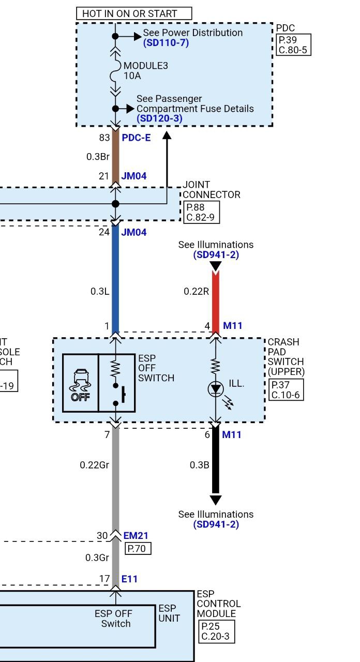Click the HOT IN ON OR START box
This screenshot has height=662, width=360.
(x=134, y=13)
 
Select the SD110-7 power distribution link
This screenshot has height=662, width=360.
(x=166, y=42)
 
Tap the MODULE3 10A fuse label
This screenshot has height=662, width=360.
(x=139, y=71)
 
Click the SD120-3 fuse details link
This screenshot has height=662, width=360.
(x=159, y=118)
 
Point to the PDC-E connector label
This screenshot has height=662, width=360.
(x=136, y=138)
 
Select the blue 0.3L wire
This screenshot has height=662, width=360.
(x=115, y=279)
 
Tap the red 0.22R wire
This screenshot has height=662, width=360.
(x=216, y=295)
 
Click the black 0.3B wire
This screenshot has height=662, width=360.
(x=216, y=465)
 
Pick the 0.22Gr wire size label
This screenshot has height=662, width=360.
(x=94, y=465)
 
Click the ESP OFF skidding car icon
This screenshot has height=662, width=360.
(x=81, y=383)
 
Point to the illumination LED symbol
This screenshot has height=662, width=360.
(x=215, y=389)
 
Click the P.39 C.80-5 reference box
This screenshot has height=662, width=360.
(x=294, y=45)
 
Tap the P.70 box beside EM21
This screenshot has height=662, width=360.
(x=138, y=548)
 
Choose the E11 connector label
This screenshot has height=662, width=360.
(x=129, y=579)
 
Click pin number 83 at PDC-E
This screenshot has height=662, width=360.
(x=104, y=138)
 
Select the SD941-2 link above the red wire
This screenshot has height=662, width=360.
(x=216, y=255)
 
